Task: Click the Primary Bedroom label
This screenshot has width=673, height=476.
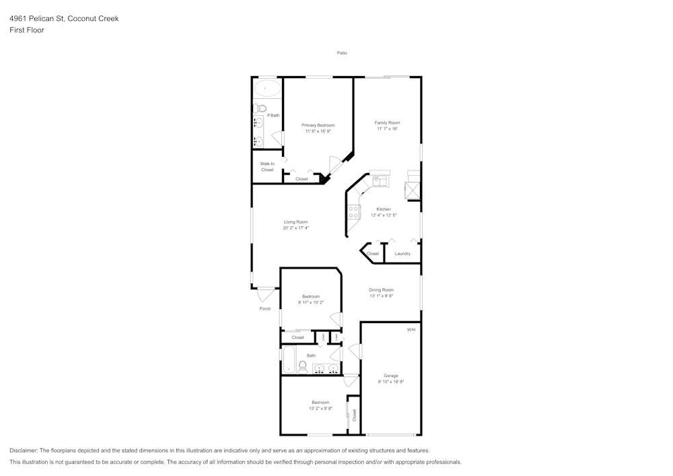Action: pos(318,125)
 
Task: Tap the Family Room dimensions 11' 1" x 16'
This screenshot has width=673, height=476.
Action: pos(387,129)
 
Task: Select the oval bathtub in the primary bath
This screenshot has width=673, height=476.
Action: pos(267,88)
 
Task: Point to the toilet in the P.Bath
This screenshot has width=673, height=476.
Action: pos(262,108)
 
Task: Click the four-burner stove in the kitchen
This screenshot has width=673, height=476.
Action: pos(353,211)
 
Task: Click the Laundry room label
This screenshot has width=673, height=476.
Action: pos(402,253)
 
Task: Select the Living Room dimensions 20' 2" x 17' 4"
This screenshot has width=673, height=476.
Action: pos(295,228)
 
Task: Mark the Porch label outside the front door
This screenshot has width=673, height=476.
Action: pos(265,308)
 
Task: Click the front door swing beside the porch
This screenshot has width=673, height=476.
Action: pos(266,294)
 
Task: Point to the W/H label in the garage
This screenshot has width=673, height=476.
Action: pos(411,329)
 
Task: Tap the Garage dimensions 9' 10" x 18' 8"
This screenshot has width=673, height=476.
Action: pos(391,382)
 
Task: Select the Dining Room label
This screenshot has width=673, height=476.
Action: pos(381,290)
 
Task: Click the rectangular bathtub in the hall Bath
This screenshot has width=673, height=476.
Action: pos(288,359)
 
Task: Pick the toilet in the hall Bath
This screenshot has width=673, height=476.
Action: pos(303,366)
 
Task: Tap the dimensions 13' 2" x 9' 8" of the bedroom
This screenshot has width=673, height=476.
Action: pos(320,408)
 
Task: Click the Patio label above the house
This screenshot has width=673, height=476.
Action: pos(342,53)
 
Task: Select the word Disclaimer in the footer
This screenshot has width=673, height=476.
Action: pos(24,450)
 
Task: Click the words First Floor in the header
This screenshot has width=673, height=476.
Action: pos(27,30)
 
